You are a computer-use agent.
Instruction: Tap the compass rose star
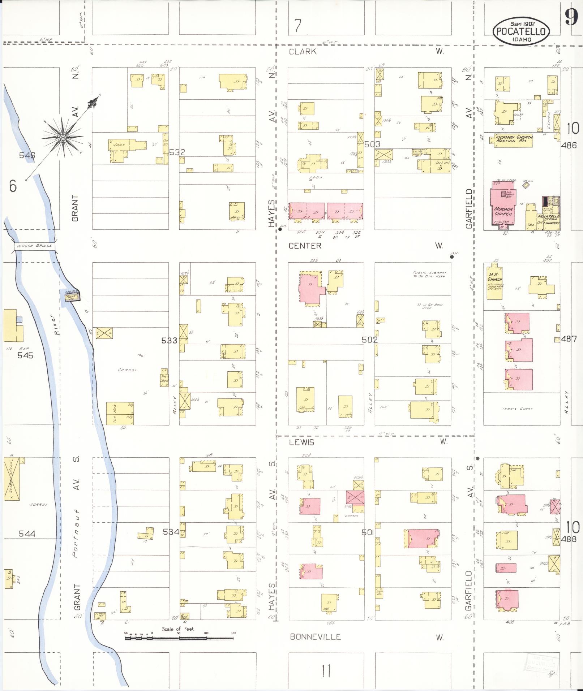click(x=63, y=137)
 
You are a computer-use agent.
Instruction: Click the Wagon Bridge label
click(x=34, y=246)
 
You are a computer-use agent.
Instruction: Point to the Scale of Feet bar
click(x=180, y=638)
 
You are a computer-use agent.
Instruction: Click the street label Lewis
click(x=301, y=442)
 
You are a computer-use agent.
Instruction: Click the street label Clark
click(x=303, y=52)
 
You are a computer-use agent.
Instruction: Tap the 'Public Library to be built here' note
click(x=429, y=274)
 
